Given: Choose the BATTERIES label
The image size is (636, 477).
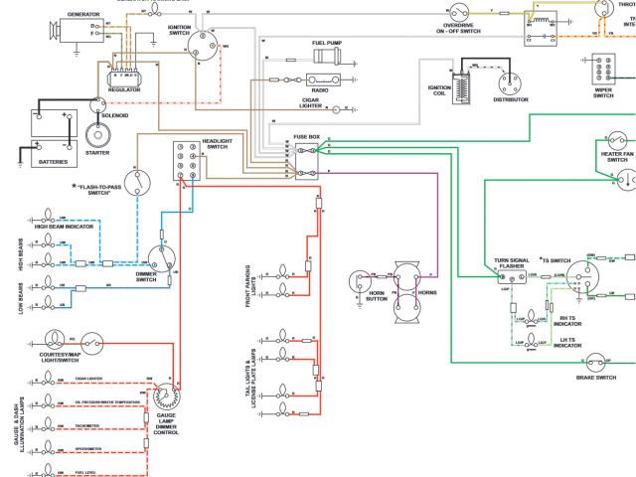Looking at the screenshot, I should pos(53,161).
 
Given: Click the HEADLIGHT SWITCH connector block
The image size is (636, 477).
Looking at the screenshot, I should pos(187,159).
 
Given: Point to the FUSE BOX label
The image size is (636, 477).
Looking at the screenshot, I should pos(307,135).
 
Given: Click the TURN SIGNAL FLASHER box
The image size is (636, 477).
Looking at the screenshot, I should pos(514,278).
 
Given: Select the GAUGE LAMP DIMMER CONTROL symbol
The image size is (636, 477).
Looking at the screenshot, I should pos(166,397).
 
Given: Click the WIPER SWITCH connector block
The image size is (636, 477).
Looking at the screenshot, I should pos(603,73).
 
